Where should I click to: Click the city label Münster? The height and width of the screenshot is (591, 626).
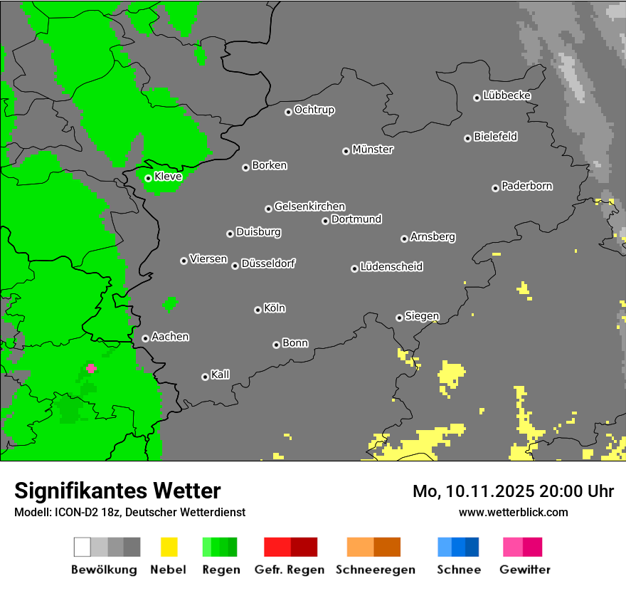pos(373,150)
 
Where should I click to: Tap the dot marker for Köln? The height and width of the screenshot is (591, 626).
pos(258,310)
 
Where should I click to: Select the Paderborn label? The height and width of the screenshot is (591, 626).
pos(526,186)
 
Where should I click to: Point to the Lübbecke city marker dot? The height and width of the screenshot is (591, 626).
pos(477,98)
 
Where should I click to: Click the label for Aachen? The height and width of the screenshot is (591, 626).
pos(170,337)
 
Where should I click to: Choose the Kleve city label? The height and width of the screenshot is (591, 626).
pos(168,177)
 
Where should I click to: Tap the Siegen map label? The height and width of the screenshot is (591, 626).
pos(422,316)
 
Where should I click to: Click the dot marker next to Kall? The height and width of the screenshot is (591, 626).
pos(205,377)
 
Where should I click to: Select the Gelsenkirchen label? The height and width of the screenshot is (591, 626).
pos(309,206)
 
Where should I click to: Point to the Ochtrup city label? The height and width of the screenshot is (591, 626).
pos(314,110)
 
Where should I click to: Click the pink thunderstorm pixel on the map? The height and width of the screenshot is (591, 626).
pos(91,368)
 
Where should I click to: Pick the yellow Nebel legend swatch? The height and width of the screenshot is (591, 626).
pos(169,547)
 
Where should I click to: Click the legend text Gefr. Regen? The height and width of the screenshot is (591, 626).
pos(290,570)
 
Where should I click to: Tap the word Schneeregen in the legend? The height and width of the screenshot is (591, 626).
pos(375,570)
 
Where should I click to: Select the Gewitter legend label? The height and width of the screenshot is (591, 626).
pos(525,570)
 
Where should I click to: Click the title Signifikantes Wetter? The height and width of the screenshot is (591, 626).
pos(117,491)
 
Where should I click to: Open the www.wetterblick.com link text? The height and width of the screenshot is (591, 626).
pos(513,512)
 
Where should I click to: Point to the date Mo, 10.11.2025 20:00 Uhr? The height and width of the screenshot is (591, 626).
pos(513,491)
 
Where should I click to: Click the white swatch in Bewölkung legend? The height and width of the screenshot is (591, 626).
pos(83,547)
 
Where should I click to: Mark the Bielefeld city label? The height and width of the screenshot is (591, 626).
pos(495,137)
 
